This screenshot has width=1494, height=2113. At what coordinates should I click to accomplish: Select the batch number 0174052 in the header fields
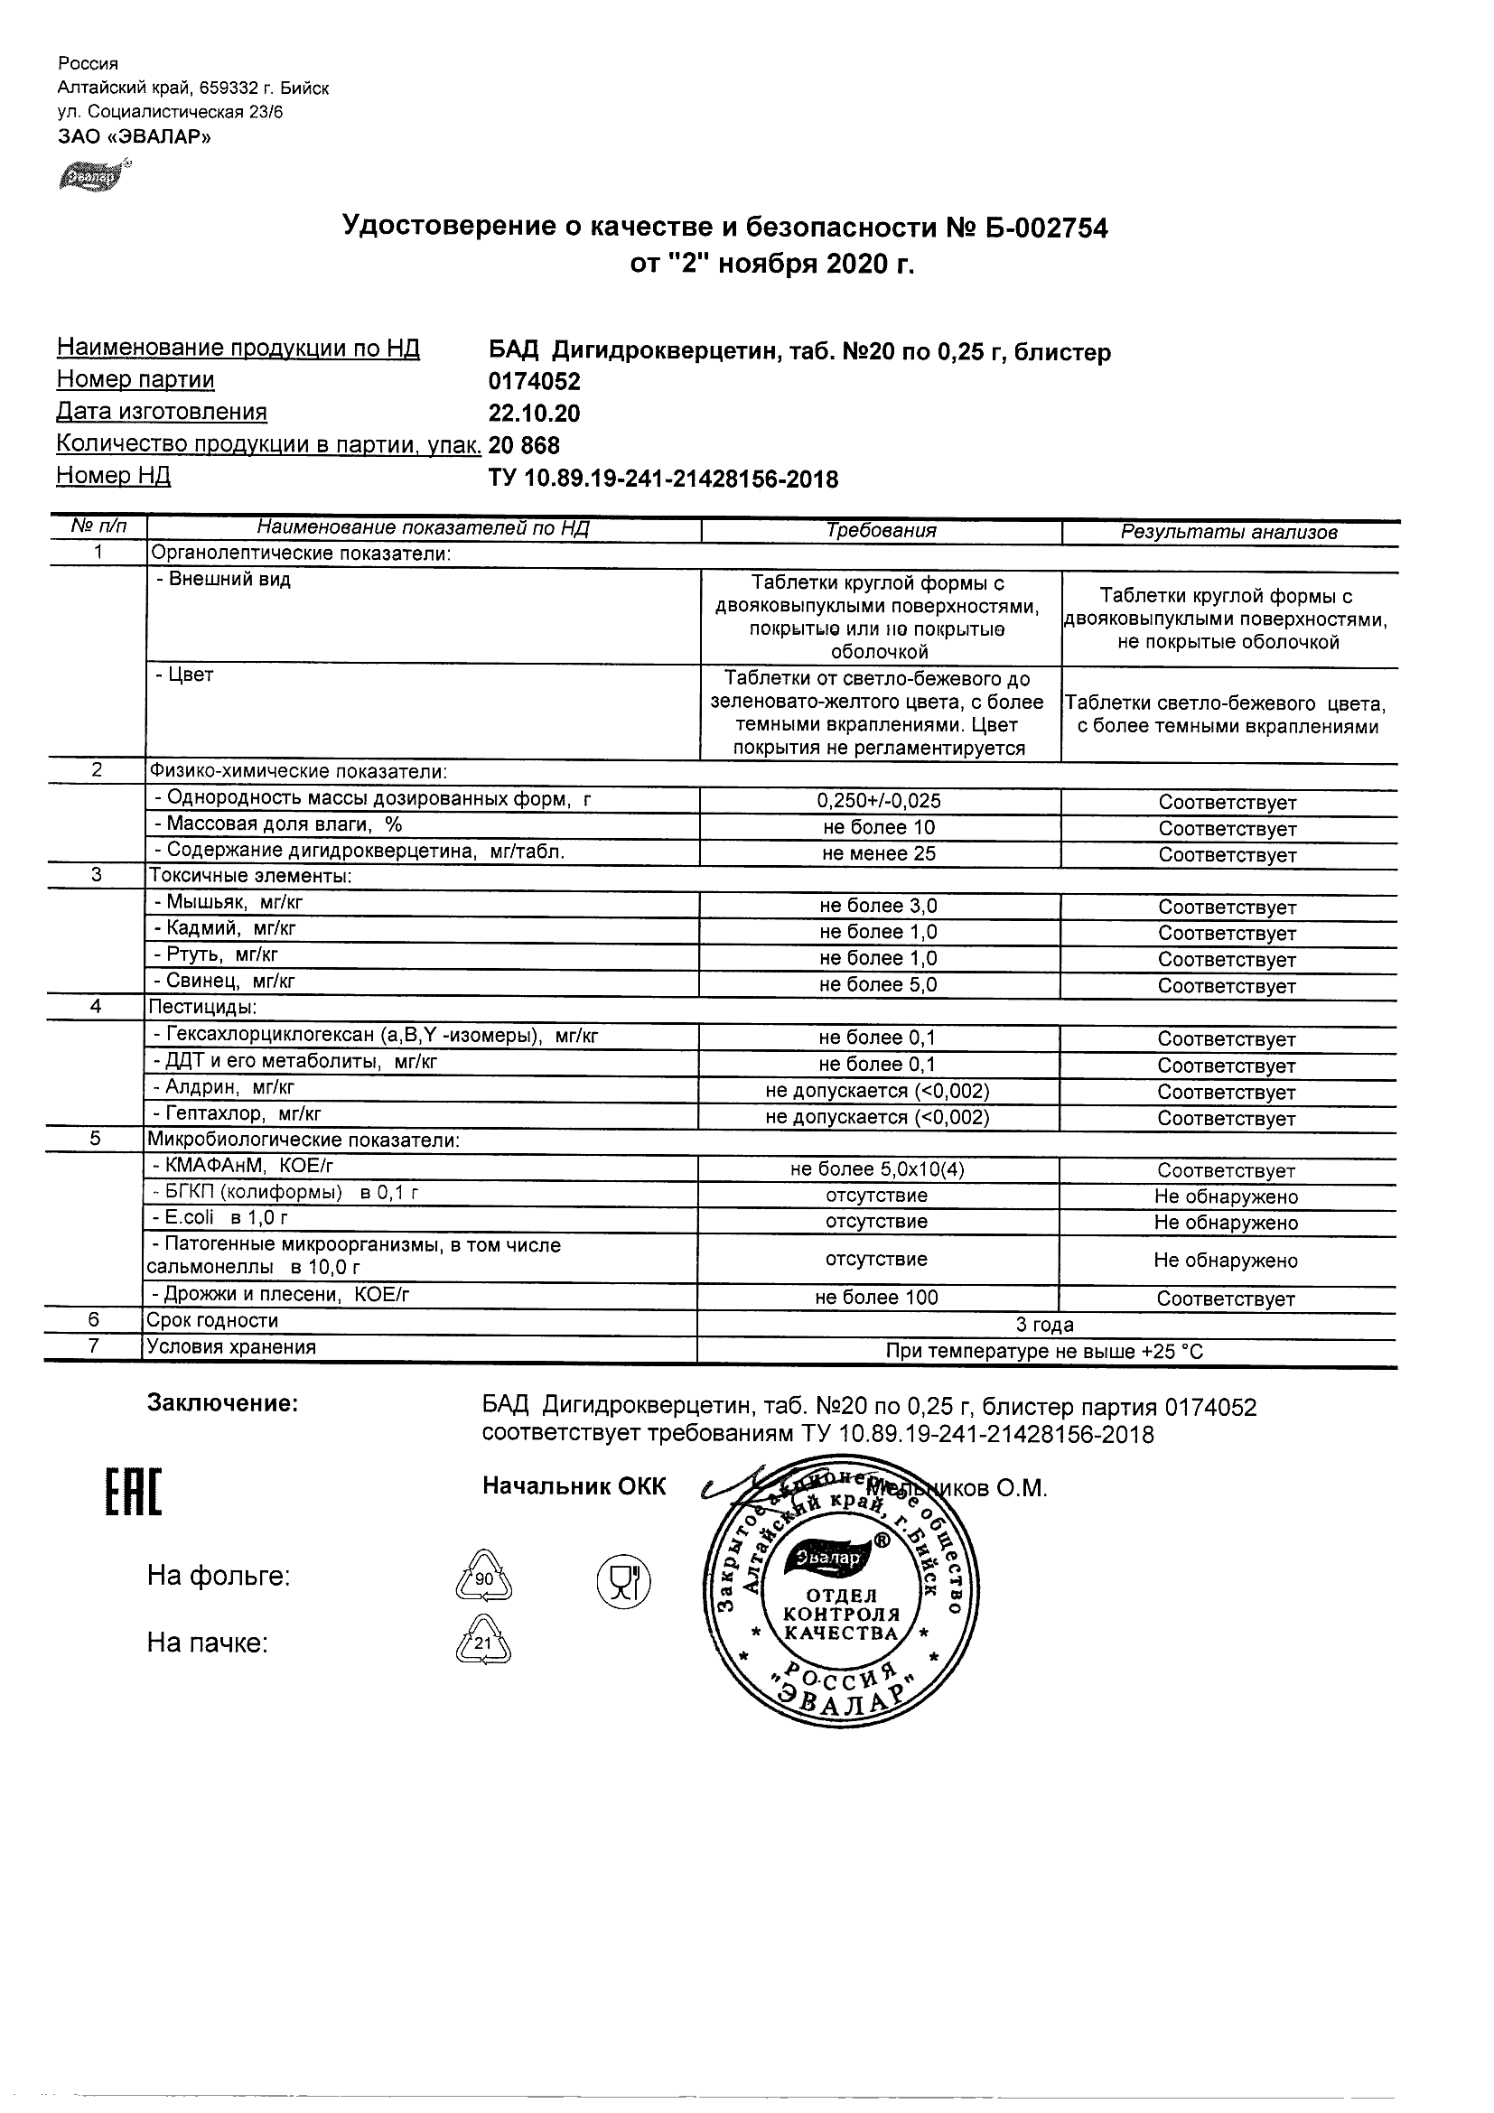[x=534, y=381]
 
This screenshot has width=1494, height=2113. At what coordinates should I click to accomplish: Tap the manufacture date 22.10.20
[x=534, y=414]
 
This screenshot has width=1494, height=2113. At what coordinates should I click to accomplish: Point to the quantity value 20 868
[x=524, y=445]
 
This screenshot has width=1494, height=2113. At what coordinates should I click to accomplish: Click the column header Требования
[x=881, y=531]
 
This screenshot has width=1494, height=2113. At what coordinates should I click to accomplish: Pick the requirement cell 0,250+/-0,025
[x=879, y=801]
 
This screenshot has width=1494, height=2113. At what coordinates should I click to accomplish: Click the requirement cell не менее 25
[x=879, y=854]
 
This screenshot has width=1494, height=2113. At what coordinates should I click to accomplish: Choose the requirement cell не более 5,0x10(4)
[x=877, y=1169]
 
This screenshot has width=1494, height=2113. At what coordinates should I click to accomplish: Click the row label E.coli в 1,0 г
[x=221, y=1217]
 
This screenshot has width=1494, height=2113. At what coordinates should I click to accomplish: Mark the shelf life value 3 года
[x=1045, y=1326]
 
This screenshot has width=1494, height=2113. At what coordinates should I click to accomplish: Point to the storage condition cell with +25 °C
[x=1045, y=1352]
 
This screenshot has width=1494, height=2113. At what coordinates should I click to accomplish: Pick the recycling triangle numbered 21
[x=483, y=1643]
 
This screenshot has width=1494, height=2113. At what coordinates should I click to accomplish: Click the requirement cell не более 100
[x=876, y=1298]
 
